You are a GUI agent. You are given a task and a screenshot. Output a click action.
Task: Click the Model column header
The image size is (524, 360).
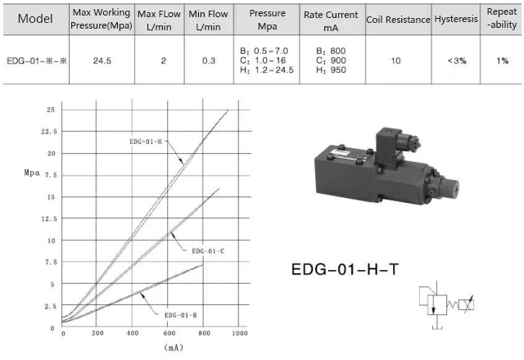click(35, 18)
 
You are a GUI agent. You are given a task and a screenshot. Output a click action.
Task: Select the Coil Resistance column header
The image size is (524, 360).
click(398, 20)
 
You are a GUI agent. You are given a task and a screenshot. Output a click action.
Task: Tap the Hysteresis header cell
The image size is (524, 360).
click(456, 19)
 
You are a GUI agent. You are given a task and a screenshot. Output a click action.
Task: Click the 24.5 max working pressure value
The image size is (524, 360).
click(102, 61)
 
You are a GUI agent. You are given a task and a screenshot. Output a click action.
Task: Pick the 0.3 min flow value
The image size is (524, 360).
click(209, 61)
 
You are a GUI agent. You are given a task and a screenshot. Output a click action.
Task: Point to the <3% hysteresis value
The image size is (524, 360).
click(457, 61)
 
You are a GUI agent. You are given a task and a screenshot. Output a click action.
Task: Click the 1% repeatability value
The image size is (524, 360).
click(502, 61)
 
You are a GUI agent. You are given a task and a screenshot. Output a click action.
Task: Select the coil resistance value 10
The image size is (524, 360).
click(395, 61)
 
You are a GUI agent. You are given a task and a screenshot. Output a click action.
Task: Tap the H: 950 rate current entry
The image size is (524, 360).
click(331, 70)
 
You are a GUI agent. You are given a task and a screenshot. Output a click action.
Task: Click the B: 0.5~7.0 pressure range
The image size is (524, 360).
click(264, 51)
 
